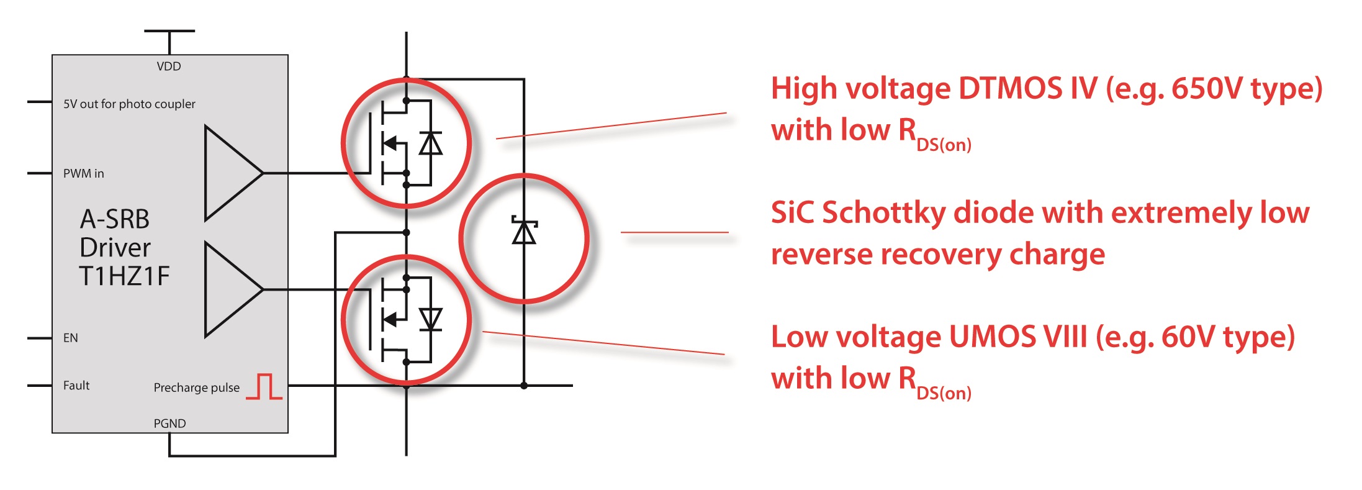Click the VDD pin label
(x=169, y=66)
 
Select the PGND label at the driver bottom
(x=169, y=424)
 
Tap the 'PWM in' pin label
(x=84, y=174)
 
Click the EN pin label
(x=71, y=338)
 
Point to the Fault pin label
(x=76, y=386)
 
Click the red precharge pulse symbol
(x=264, y=386)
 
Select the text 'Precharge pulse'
(x=196, y=388)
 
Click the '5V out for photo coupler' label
(x=129, y=104)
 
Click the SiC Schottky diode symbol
(x=524, y=232)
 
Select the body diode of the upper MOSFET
(x=430, y=143)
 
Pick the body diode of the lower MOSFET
(x=430, y=319)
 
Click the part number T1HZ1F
(x=124, y=276)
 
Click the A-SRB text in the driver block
(x=115, y=219)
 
